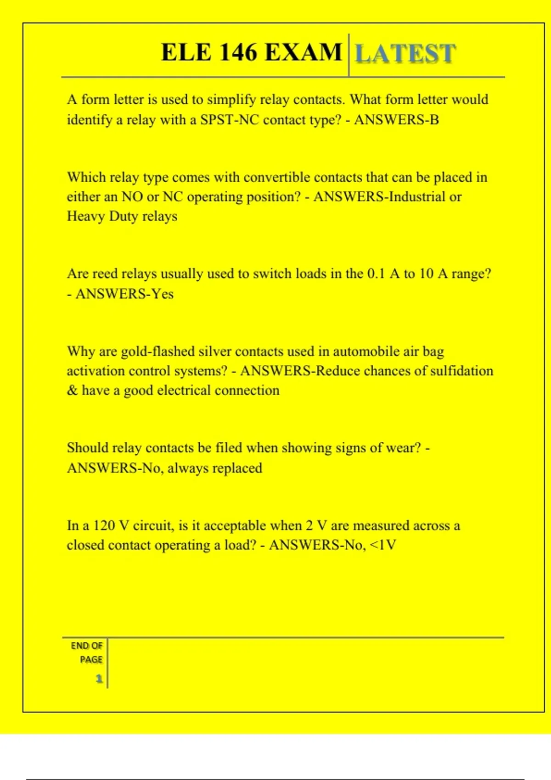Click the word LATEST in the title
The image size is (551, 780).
point(405,54)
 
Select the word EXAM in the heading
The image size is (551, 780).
point(304,52)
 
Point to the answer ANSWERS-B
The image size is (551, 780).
point(396,120)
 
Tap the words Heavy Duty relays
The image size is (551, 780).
point(122,216)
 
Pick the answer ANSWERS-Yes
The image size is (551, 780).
point(124,294)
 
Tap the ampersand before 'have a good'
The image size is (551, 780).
point(72,390)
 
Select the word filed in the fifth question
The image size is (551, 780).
point(229,448)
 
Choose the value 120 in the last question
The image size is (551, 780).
point(104,525)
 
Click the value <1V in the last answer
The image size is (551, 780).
point(383,545)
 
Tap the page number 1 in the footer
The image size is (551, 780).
point(99,679)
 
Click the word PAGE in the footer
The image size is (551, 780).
point(91,660)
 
